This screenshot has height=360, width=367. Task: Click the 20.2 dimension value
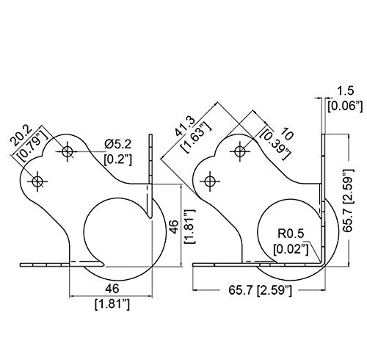21,135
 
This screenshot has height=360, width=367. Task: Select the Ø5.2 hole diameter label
117,145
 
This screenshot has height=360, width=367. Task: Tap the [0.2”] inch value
118,160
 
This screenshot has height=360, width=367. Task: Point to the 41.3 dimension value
185,126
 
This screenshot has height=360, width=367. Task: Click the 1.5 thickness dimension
346,91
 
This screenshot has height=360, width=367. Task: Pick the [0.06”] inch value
345,107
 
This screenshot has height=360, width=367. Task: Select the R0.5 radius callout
291,234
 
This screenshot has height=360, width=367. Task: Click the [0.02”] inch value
291,249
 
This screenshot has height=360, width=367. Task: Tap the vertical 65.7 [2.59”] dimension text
348,200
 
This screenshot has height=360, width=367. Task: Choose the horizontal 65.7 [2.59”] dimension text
261,290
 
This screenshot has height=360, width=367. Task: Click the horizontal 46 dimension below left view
112,289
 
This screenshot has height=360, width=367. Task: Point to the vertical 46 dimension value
175,227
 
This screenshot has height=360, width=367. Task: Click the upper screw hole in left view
67,151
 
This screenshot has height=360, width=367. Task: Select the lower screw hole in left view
37,181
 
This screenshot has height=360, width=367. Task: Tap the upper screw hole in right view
240,151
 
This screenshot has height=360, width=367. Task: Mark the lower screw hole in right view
210,181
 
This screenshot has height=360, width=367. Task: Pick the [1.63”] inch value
195,137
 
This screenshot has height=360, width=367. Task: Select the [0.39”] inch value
275,145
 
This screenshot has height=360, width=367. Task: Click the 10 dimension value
286,134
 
